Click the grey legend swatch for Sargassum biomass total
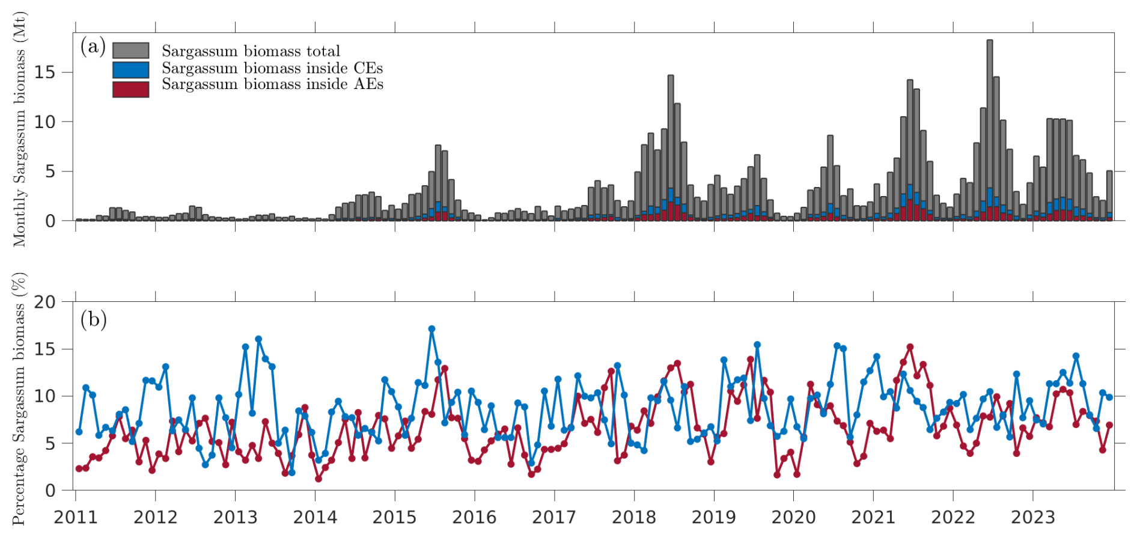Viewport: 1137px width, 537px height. coord(130,51)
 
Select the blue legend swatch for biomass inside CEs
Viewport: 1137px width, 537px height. coord(130,70)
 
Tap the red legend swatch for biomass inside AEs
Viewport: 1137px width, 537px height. coord(130,89)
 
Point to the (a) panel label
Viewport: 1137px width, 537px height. coord(93,46)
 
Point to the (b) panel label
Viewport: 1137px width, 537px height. coord(93,319)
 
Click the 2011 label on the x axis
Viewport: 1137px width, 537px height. coord(76,517)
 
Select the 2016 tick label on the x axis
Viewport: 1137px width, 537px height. coord(474,517)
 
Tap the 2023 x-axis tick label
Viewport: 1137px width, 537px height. coord(1032,517)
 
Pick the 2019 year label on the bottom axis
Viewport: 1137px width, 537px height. coord(713,517)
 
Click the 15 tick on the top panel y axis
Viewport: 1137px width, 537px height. coord(44,73)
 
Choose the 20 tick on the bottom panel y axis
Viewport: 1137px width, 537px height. coord(44,302)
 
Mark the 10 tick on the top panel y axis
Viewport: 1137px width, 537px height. coord(44,122)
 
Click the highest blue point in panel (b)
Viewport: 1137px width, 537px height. coord(431,329)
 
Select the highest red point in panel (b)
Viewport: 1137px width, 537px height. coord(910,347)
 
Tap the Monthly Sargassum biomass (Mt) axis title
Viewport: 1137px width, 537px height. coord(20,129)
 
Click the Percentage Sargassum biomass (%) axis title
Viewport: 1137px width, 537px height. coord(20,398)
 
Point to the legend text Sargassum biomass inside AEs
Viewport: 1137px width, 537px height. coord(272,84)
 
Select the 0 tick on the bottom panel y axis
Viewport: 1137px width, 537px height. coord(50,491)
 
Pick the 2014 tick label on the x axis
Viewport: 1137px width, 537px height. coord(315,517)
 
